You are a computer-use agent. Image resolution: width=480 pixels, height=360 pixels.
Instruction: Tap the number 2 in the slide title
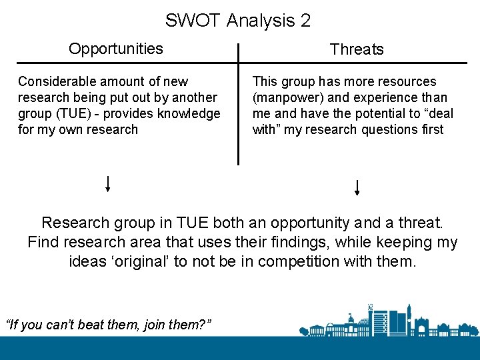(x=305, y=21)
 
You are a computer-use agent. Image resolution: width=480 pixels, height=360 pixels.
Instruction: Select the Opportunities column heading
(x=116, y=49)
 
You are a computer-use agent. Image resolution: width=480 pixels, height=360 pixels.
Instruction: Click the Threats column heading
(x=357, y=49)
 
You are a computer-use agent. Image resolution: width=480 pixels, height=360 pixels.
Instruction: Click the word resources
(x=406, y=81)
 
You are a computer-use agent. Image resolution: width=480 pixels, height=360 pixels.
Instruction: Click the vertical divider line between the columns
(x=238, y=103)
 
